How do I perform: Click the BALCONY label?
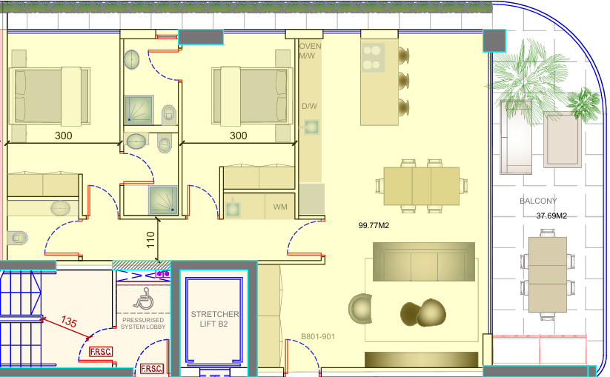pyautogui.click(x=538, y=201)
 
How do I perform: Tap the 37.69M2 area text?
pyautogui.click(x=551, y=216)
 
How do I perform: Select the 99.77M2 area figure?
pyautogui.click(x=374, y=225)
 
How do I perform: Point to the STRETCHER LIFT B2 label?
pyautogui.click(x=214, y=318)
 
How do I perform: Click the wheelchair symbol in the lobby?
pyautogui.click(x=144, y=298)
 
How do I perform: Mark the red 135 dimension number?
pyautogui.click(x=68, y=321)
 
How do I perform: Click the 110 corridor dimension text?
pyautogui.click(x=151, y=240)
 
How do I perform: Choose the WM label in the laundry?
pyautogui.click(x=280, y=207)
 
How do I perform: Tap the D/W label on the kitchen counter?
pyautogui.click(x=309, y=106)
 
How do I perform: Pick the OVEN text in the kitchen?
pyautogui.click(x=310, y=46)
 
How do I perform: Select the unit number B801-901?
pyautogui.click(x=318, y=336)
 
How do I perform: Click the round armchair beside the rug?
pyautogui.click(x=361, y=308)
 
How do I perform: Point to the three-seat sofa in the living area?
pyautogui.click(x=424, y=261)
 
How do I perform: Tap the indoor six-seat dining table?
pyautogui.click(x=421, y=186)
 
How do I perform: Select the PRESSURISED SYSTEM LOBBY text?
pyautogui.click(x=143, y=324)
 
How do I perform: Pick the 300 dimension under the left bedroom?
pyautogui.click(x=64, y=136)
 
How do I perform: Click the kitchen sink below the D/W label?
pyautogui.click(x=311, y=127)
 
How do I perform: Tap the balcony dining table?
pyautogui.click(x=547, y=274)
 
